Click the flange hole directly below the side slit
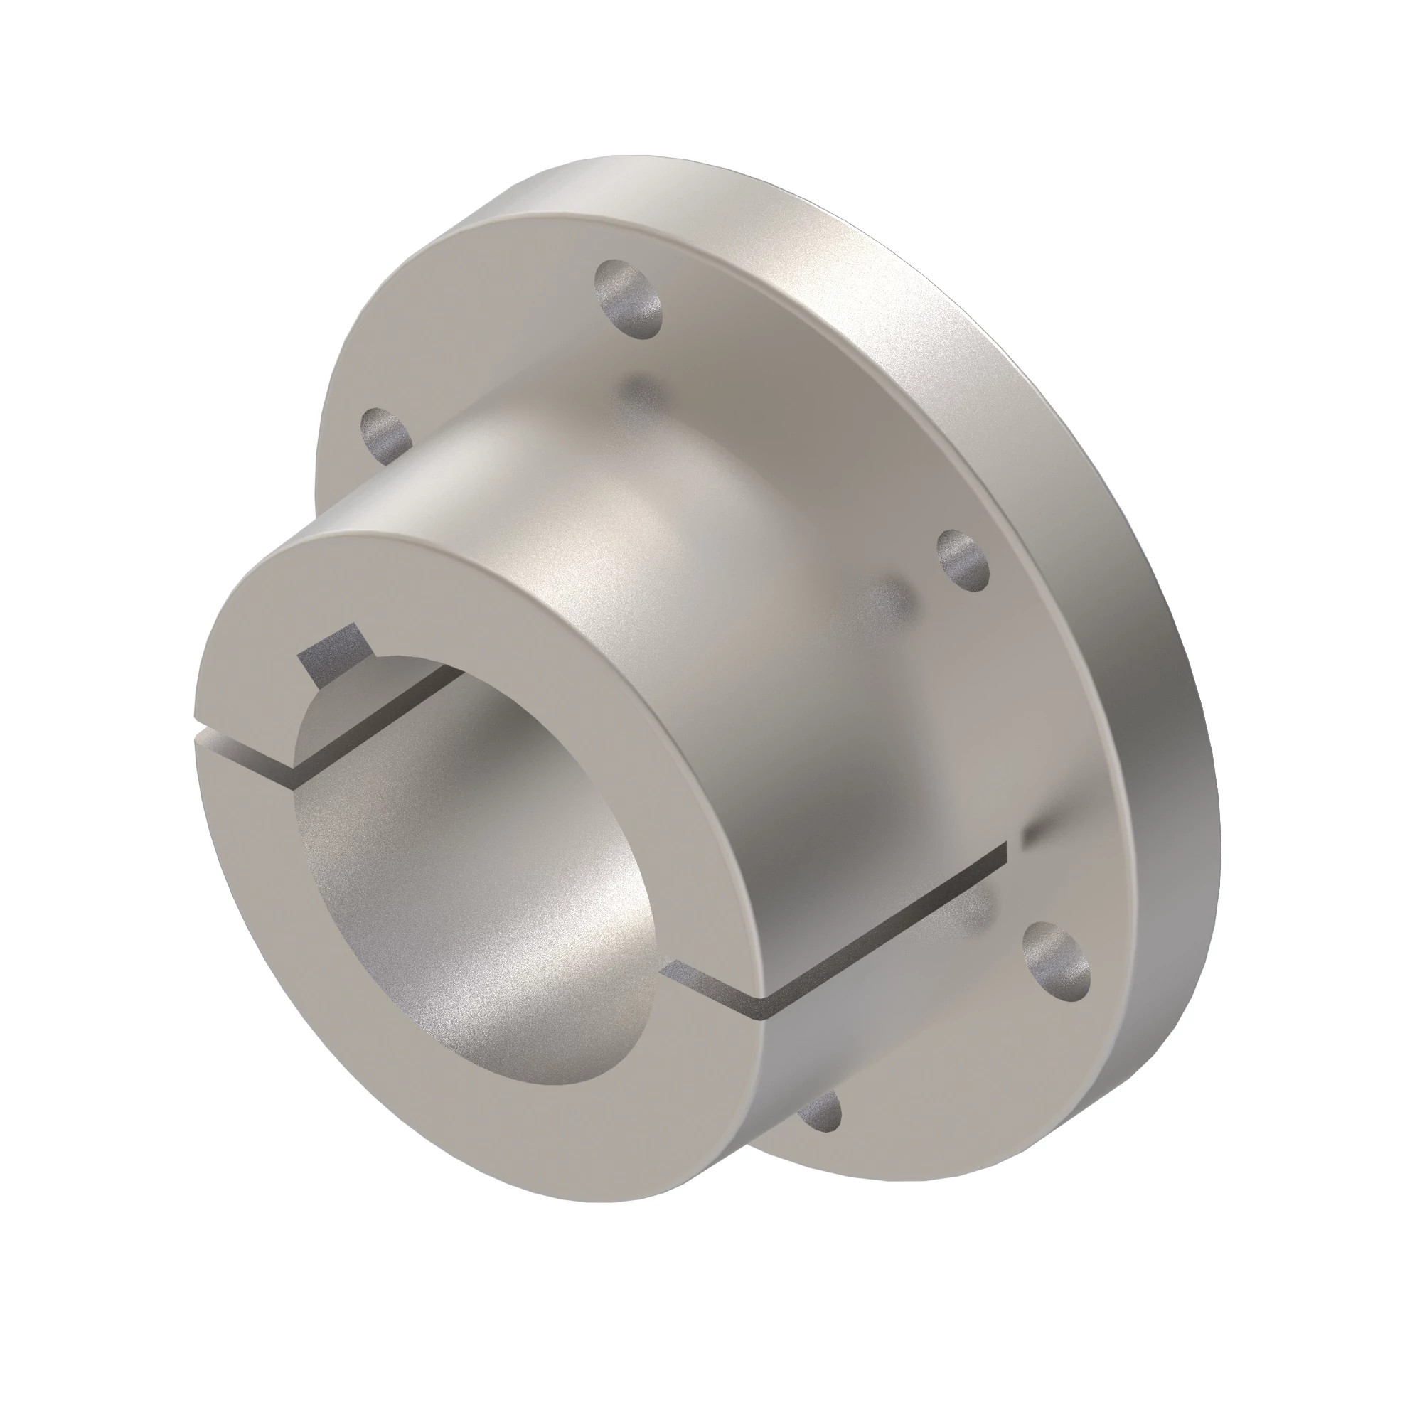(1057, 961)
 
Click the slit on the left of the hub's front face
(243, 759)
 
